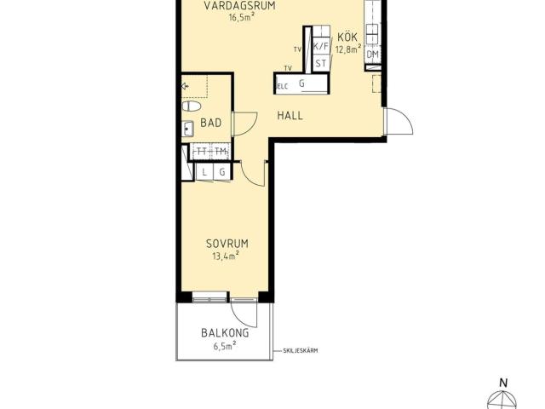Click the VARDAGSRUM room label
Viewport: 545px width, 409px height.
239,6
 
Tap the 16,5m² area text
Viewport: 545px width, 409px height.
239,17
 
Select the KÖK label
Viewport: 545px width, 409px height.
347,37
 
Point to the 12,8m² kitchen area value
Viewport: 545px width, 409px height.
348,49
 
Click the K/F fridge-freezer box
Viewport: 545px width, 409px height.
321,46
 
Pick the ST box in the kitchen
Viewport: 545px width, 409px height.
321,64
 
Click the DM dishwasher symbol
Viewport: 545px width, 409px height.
373,54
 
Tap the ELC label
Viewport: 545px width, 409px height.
282,87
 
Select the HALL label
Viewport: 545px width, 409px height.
290,116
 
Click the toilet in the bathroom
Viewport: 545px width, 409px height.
192,106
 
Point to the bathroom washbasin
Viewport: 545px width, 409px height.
187,129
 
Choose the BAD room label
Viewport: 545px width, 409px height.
211,123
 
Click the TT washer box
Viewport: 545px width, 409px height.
201,152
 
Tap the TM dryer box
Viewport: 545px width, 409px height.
221,152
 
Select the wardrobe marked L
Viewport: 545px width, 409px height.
204,172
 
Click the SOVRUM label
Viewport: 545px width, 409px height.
227,244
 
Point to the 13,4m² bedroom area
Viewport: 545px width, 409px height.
226,256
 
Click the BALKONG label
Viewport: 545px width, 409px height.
225,333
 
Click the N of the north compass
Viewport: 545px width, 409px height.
503,383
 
